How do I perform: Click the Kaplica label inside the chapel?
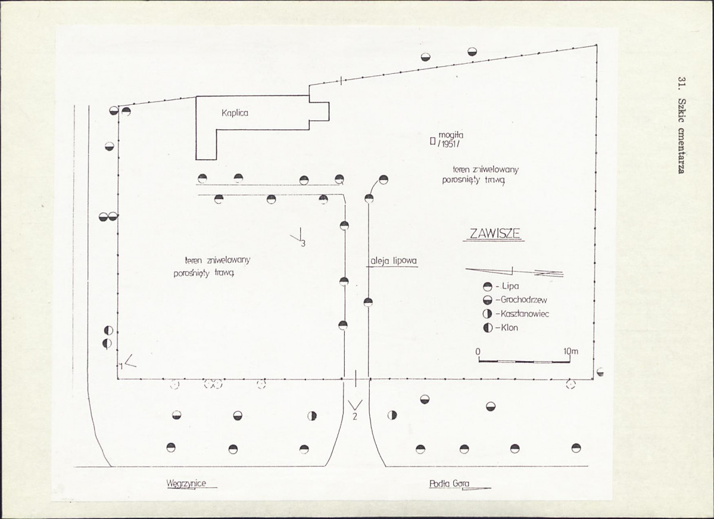tap(235, 113)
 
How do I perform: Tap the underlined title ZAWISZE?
tap(494, 234)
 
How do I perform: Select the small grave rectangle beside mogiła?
tap(432, 141)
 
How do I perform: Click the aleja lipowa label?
tap(392, 261)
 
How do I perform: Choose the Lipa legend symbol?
tap(488, 287)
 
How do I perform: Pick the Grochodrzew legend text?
tap(523, 300)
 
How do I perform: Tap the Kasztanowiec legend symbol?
tap(488, 314)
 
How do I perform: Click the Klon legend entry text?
tap(509, 328)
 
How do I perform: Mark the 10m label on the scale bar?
tap(570, 352)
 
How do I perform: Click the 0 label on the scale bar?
tap(478, 352)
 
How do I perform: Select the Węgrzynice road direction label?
tap(186, 483)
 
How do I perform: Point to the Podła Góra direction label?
tap(449, 483)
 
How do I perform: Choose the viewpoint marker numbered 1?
tap(128, 362)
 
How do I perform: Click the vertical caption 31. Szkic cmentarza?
tap(682, 125)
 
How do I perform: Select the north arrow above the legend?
tap(515, 272)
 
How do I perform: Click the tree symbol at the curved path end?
tap(383, 179)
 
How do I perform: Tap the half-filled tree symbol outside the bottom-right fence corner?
tap(600, 372)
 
